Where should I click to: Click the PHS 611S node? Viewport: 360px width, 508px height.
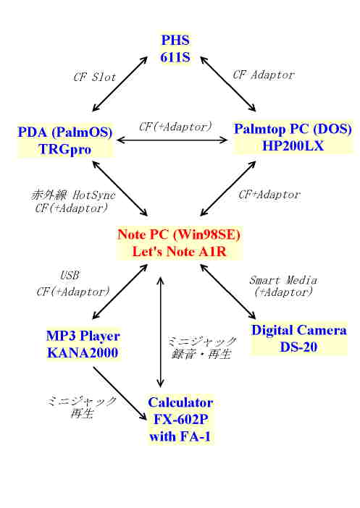click(x=175, y=48)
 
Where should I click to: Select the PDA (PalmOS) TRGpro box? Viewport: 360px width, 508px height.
click(x=65, y=140)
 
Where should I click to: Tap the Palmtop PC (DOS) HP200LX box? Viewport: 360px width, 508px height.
click(x=293, y=137)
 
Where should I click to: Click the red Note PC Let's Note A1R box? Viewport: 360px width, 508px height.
click(x=179, y=243)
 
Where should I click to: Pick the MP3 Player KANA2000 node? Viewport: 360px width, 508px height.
click(x=83, y=344)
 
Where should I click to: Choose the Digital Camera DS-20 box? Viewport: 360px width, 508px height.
click(x=298, y=339)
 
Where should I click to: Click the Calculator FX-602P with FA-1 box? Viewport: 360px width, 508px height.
click(x=180, y=419)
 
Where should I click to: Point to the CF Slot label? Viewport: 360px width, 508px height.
click(x=94, y=77)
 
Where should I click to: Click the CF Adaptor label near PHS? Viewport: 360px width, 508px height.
click(x=264, y=75)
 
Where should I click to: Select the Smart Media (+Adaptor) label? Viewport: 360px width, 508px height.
click(x=283, y=286)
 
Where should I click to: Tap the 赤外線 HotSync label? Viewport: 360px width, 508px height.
click(x=73, y=195)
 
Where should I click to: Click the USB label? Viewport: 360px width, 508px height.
click(x=70, y=276)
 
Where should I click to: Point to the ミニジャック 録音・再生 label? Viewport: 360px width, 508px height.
click(x=201, y=347)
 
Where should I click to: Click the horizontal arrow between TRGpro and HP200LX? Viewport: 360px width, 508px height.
click(x=172, y=140)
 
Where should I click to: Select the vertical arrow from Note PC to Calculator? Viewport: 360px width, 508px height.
click(x=160, y=332)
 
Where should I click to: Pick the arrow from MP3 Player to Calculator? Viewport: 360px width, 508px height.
click(x=120, y=394)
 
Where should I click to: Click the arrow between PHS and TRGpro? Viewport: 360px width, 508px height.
click(x=120, y=84)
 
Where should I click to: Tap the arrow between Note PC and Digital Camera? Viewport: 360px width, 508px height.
click(x=228, y=292)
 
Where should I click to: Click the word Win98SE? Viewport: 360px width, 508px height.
click(x=207, y=234)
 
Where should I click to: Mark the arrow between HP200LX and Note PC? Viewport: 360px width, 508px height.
click(x=228, y=188)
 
